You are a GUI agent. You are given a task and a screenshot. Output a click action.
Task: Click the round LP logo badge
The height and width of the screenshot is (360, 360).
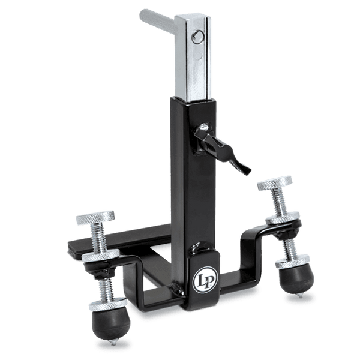pyautogui.click(x=205, y=280)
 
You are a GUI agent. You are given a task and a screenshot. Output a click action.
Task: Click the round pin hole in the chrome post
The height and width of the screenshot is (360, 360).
pyautogui.click(x=199, y=37)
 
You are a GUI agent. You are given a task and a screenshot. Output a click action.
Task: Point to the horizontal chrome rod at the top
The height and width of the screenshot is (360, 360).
pyautogui.click(x=157, y=21)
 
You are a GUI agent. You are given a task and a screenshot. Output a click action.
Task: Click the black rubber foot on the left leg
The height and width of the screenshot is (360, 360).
pyautogui.click(x=111, y=324)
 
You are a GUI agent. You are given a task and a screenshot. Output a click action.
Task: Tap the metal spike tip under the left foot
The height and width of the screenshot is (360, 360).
pyautogui.click(x=113, y=342)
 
